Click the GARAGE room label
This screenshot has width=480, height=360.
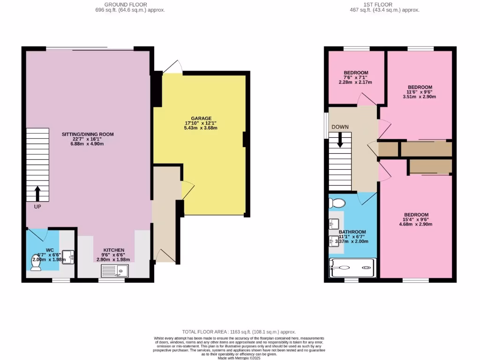tap(201, 118)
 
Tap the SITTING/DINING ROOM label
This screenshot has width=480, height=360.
tap(88, 134)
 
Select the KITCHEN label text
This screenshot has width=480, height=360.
tap(114, 250)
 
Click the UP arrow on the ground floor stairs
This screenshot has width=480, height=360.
tap(37, 192)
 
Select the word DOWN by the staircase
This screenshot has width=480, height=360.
tap(340, 127)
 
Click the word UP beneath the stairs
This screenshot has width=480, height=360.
tap(37, 206)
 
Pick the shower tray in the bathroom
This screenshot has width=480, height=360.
tap(352, 268)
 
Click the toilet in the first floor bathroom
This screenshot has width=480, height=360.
tap(336, 202)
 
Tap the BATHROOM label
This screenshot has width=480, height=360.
tap(352, 232)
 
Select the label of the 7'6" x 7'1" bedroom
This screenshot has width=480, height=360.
tap(356, 73)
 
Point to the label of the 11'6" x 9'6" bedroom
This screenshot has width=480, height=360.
tap(420, 87)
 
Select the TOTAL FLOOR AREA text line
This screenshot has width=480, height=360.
tap(240, 331)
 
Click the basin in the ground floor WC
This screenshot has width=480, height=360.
tap(69, 256)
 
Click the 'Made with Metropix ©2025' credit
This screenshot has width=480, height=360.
tap(240, 358)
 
